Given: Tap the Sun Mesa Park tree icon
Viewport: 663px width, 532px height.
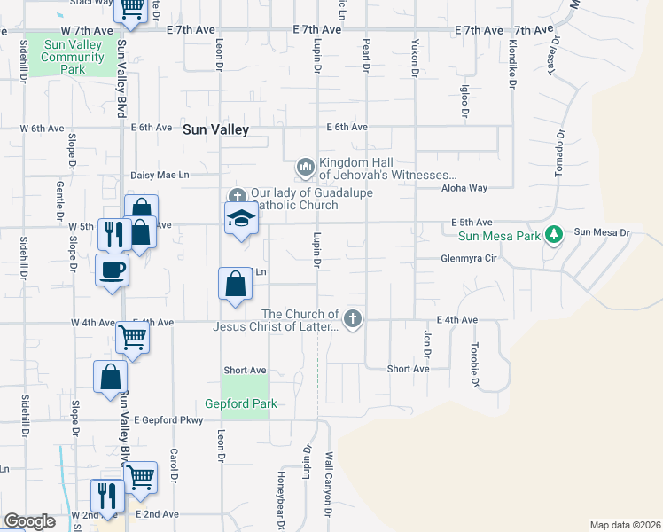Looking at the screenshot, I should point(555,234).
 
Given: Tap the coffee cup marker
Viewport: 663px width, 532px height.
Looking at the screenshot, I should point(113,269).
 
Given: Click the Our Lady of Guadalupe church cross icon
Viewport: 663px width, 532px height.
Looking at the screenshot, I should point(237,196).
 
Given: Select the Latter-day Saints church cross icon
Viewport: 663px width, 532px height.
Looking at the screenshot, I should point(353,318).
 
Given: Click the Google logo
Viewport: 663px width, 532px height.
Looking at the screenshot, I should point(29,521).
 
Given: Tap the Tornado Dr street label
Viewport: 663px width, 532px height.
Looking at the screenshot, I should point(559,155).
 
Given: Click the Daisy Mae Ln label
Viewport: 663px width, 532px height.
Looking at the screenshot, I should point(160,176).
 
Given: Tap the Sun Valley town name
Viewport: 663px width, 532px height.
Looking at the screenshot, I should point(216,129).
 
